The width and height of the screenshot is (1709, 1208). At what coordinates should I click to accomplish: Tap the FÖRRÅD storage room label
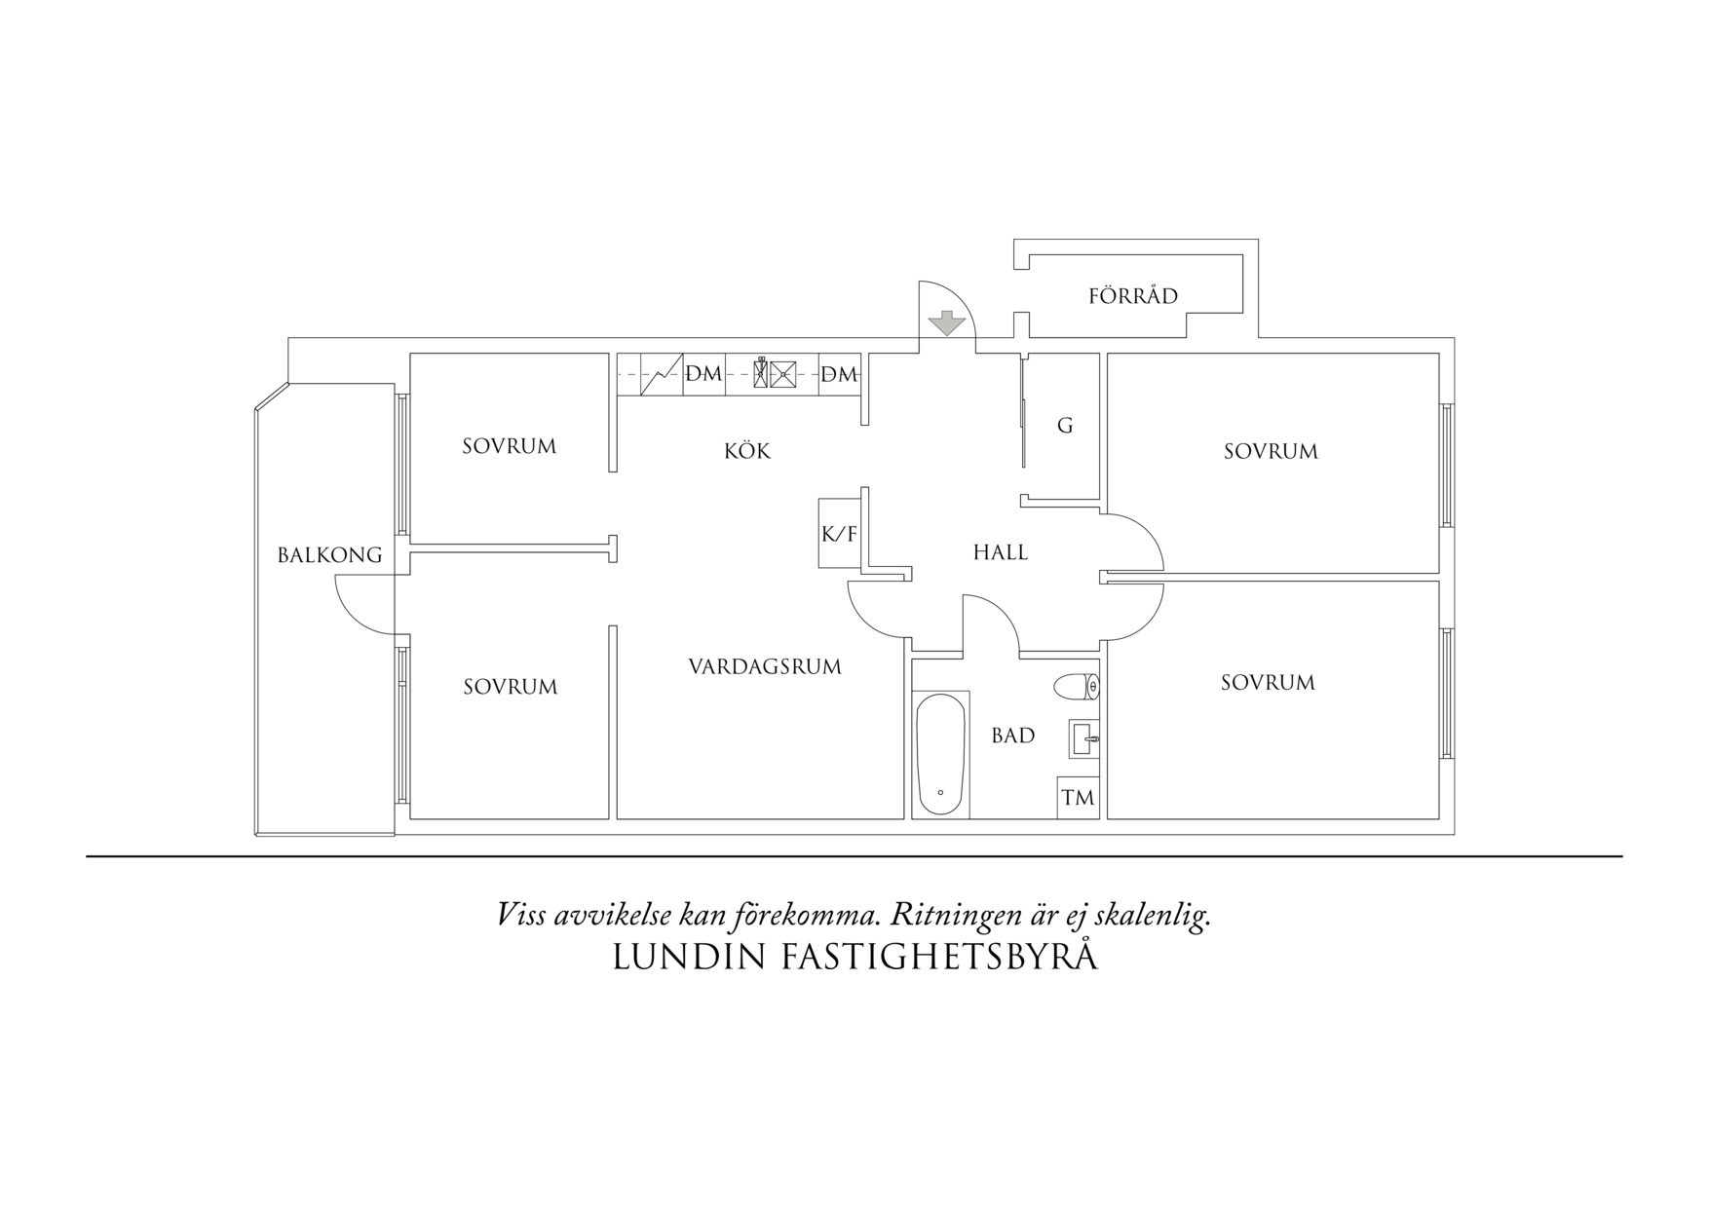[x=1133, y=296]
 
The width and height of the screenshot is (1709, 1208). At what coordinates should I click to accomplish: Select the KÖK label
[x=747, y=451]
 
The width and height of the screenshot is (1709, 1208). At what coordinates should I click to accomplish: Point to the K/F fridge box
[x=839, y=533]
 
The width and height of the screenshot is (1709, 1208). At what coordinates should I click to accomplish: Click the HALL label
[x=1001, y=552]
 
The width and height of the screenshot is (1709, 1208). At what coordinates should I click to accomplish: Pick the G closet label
[x=1065, y=426]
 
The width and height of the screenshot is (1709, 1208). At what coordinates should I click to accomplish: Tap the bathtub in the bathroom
[x=940, y=754]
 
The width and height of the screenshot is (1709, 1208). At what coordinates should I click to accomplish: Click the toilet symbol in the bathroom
[x=1077, y=687]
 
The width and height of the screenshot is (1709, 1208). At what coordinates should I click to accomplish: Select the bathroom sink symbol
[x=1083, y=738]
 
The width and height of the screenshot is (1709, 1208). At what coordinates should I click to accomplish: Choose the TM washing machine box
[x=1078, y=798]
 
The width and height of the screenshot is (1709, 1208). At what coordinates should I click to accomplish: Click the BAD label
[x=1013, y=736]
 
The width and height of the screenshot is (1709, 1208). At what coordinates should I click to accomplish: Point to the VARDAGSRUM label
[x=765, y=667]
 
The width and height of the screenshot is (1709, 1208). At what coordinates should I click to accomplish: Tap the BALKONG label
[x=329, y=555]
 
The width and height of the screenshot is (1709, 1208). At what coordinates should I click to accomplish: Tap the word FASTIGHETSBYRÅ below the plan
[x=940, y=957]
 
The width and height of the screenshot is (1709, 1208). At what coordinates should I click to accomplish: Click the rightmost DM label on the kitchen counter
[x=839, y=374]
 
